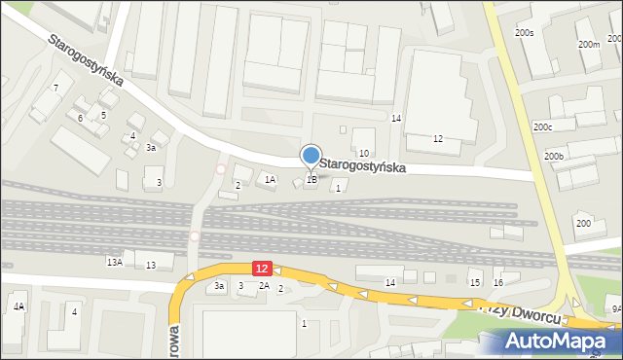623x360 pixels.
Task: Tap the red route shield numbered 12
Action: (261, 268)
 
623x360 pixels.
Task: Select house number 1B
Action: (311, 179)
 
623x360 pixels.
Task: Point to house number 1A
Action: (271, 179)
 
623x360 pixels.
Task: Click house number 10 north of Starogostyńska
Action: (363, 154)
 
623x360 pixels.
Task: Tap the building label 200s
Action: (525, 33)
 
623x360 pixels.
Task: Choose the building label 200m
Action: (588, 45)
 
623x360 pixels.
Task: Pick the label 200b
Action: (554, 157)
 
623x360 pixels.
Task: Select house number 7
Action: (56, 89)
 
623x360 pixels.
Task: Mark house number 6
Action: (81, 118)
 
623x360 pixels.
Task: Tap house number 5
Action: (102, 115)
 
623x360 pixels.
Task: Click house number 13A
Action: (115, 262)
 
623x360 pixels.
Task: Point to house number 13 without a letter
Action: (151, 266)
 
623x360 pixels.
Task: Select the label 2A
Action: (264, 286)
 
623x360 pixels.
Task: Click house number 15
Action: (475, 282)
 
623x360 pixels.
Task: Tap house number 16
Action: (498, 282)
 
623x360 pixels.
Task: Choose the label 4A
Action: (18, 306)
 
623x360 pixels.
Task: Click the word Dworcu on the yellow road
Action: (531, 317)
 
